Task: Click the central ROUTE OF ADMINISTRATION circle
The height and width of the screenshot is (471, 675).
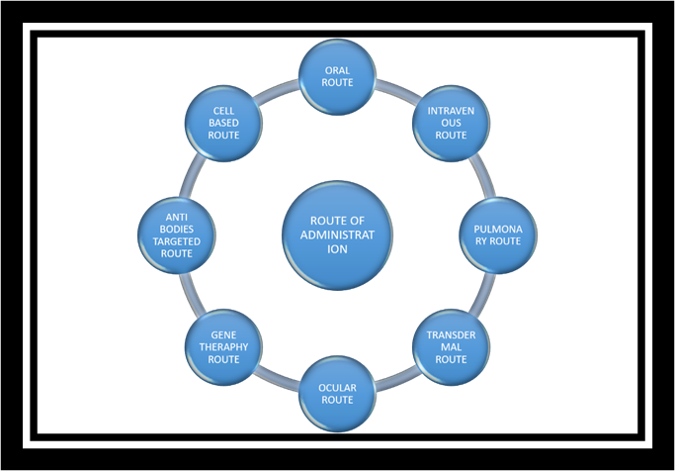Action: tap(338, 235)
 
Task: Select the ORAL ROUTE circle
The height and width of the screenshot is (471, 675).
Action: tap(338, 76)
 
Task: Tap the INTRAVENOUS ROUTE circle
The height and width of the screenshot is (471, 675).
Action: tap(451, 122)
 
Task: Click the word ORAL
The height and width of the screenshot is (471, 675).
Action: tap(338, 70)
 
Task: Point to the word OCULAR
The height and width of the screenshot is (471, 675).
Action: tap(338, 388)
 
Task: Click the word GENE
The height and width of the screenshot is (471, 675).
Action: tap(223, 335)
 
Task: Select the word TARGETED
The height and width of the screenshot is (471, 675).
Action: tap(177, 241)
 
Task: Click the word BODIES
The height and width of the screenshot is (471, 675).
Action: tap(177, 230)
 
